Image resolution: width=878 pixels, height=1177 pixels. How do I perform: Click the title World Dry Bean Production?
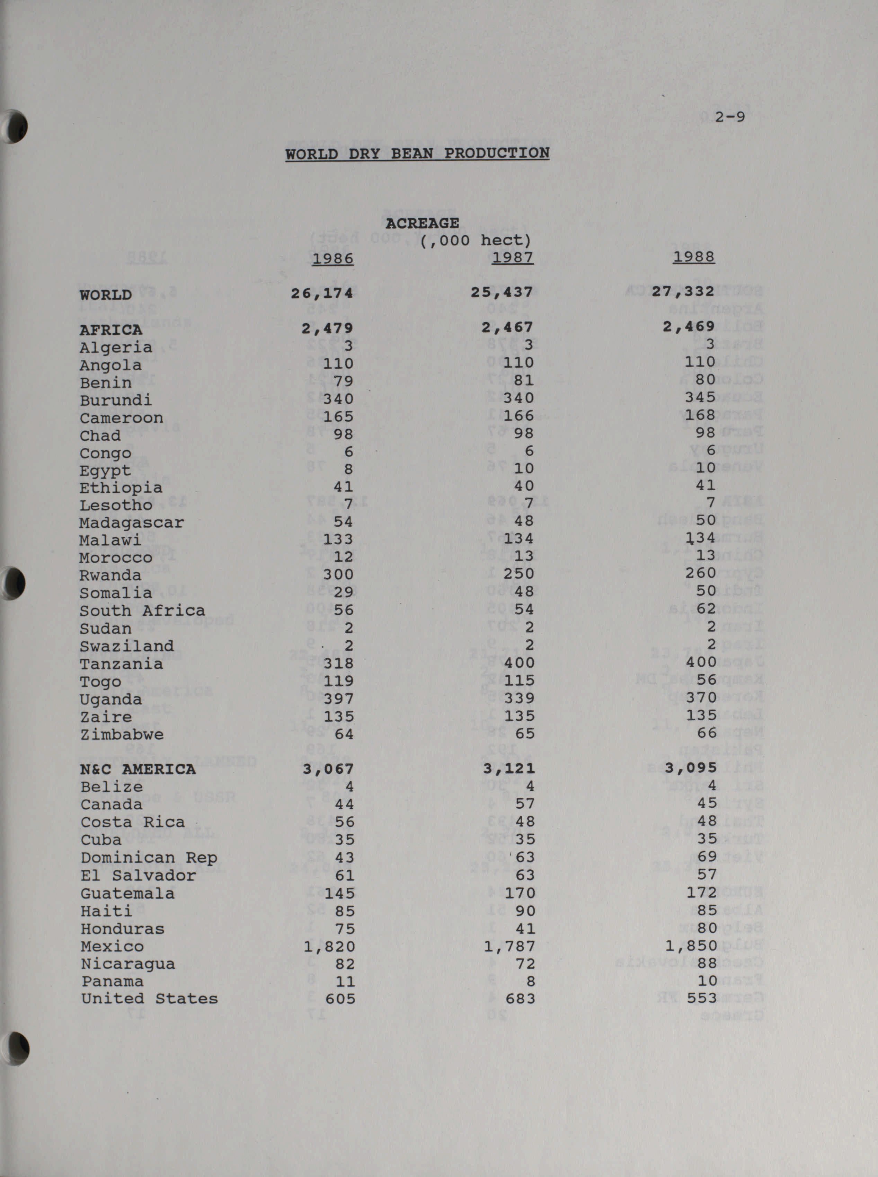click(x=417, y=153)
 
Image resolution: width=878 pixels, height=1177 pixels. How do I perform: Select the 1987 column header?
click(x=512, y=257)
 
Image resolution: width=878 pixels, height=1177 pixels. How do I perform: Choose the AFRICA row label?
click(x=111, y=330)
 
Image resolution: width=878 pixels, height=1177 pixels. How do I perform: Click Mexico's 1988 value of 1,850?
click(x=691, y=946)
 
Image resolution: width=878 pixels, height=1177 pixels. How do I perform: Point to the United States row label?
click(x=149, y=999)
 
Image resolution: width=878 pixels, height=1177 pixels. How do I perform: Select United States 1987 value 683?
click(x=520, y=999)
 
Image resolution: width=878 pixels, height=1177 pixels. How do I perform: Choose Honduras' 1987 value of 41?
click(x=525, y=929)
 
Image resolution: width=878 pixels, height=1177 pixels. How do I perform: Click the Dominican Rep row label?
click(x=149, y=858)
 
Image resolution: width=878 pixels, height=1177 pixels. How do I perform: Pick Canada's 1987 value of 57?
click(x=525, y=804)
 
